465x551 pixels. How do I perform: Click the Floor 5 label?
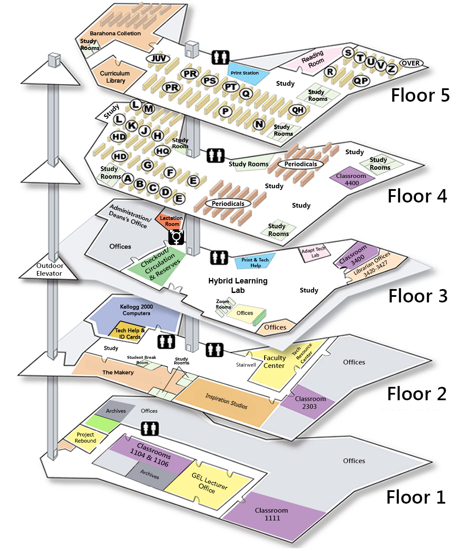coord(420,95)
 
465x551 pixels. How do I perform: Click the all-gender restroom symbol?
coord(176,237)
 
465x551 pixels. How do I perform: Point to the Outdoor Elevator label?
coord(49,270)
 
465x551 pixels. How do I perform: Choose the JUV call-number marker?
coord(158,59)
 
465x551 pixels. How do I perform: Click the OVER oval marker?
coord(411,63)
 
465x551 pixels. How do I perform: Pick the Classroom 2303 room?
coord(308,402)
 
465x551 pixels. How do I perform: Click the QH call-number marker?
coord(298,110)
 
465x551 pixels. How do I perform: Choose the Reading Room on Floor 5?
coord(313,59)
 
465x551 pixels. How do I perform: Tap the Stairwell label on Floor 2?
coord(246,364)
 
